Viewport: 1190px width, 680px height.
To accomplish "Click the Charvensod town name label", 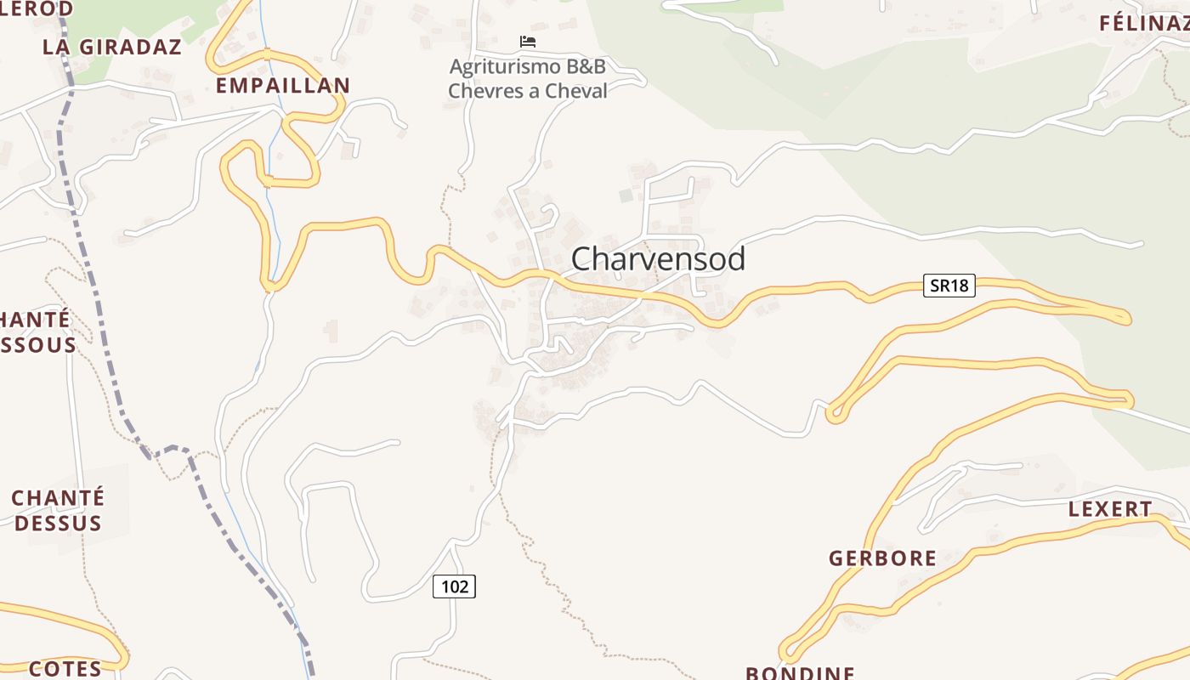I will [x=658, y=259].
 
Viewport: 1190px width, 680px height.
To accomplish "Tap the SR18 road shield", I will [x=949, y=286].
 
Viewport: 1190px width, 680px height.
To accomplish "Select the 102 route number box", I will [x=454, y=586].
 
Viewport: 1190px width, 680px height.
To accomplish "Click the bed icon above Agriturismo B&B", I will [x=528, y=42].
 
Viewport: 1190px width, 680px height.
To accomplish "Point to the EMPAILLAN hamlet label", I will [x=282, y=86].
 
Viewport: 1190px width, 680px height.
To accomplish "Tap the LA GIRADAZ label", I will [x=112, y=48].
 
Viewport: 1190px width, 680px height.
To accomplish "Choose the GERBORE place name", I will [x=882, y=558].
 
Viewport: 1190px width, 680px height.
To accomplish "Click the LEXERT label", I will [x=1110, y=510].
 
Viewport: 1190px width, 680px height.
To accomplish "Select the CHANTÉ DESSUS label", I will [x=58, y=510].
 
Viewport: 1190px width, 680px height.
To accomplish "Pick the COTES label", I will [x=65, y=669].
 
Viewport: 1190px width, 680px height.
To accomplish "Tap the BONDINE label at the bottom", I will [x=800, y=672].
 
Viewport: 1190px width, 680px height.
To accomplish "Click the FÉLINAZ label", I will [x=1144, y=24].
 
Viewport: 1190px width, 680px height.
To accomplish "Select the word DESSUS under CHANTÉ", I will [x=58, y=523].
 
